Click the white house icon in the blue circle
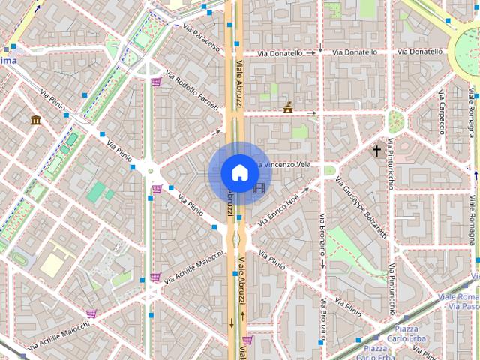click(239, 172)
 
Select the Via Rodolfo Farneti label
click(192, 90)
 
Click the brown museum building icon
click(35, 120)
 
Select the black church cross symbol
click(376, 151)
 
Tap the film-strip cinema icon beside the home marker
click(259, 188)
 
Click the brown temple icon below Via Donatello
click(288, 109)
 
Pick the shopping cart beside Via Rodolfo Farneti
click(156, 82)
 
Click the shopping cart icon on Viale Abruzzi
click(247, 340)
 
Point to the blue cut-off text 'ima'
click(8, 60)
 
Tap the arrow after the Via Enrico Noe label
click(306, 193)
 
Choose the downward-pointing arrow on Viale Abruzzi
click(232, 323)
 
